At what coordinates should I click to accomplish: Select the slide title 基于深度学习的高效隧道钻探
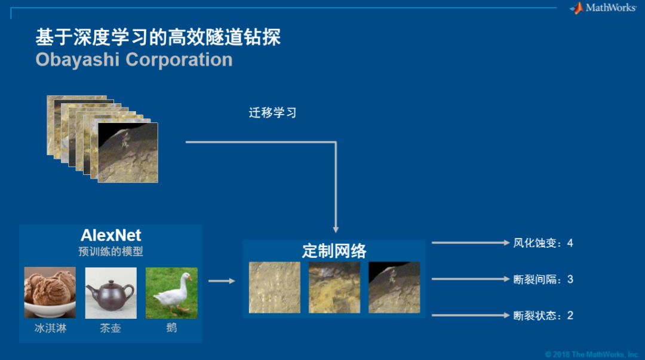point(158,37)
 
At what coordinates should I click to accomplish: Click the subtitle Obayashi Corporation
point(134,60)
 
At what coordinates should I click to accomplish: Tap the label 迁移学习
point(272,113)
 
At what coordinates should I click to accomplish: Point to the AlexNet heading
point(110,235)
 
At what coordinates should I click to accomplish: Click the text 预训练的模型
point(110,251)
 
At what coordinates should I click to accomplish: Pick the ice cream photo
point(50,293)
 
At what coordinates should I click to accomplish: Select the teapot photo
point(110,293)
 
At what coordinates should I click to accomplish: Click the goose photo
point(171,293)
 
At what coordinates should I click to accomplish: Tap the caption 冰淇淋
point(50,328)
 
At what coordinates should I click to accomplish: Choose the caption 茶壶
point(110,328)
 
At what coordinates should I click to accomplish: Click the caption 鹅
point(171,328)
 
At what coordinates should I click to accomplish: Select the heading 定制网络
point(334,251)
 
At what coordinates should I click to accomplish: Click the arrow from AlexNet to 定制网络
point(222,281)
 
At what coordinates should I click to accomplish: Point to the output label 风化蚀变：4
point(543,243)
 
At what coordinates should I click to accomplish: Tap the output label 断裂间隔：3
point(543,279)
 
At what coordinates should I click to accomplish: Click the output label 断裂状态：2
point(543,315)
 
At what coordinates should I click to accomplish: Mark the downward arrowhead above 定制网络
point(336,229)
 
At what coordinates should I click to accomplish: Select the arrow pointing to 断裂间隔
point(469,279)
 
